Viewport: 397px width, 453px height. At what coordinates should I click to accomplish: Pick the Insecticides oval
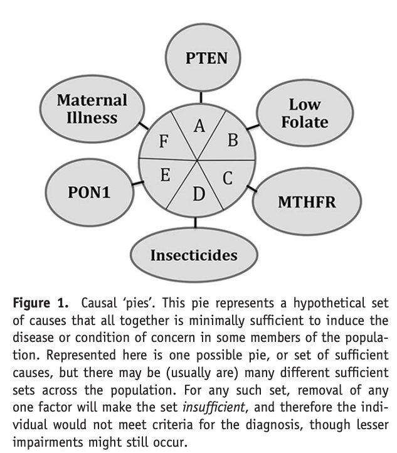click(193, 255)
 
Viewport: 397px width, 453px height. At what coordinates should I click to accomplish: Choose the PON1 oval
click(89, 192)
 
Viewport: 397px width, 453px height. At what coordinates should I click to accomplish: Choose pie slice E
click(166, 175)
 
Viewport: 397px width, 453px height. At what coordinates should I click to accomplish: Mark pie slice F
click(164, 141)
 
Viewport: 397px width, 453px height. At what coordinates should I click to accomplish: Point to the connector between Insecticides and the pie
click(196, 222)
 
